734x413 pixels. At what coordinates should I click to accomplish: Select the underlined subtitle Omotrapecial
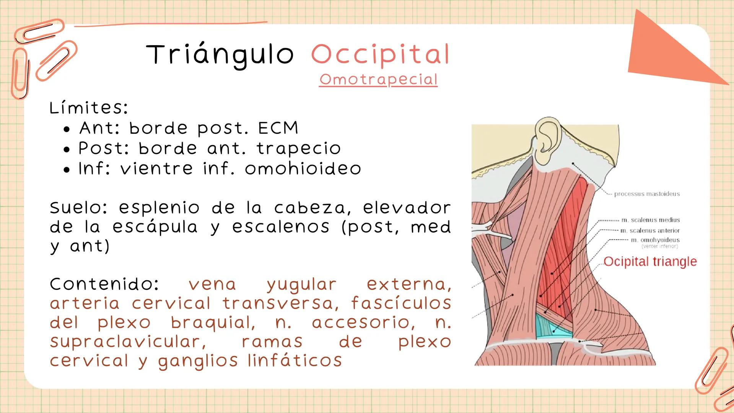[378, 80]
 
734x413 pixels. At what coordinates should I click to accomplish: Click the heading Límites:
[88, 108]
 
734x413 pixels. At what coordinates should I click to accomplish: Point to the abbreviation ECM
[278, 128]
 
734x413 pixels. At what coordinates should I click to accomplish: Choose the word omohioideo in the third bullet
[303, 169]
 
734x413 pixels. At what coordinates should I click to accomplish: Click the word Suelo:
[79, 208]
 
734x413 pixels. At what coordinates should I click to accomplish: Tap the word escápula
[155, 227]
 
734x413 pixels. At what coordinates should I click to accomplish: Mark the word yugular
[301, 285]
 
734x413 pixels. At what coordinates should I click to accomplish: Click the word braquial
[213, 323]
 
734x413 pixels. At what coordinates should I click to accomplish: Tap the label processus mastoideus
[647, 194]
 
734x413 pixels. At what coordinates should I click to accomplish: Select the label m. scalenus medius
[650, 220]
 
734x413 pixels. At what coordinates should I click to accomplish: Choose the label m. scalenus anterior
[650, 231]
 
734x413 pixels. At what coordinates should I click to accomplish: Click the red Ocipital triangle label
[650, 262]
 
